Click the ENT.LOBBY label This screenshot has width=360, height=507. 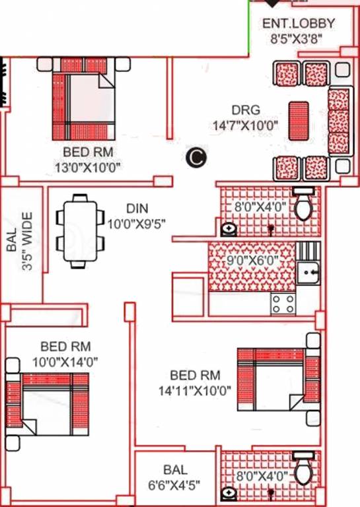299,24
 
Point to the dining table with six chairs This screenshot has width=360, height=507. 81,232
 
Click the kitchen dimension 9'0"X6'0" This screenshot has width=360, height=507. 252,260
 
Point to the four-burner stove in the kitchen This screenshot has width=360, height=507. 283,303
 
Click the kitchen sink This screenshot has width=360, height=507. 308,271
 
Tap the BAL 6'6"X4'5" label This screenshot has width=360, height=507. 175,477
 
